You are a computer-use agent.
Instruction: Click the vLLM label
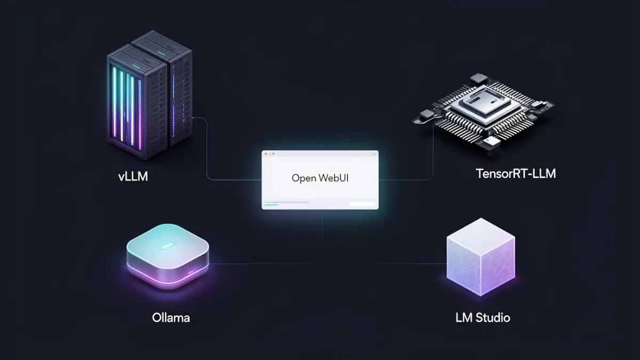click(x=133, y=175)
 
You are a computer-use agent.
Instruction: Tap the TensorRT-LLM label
click(x=515, y=173)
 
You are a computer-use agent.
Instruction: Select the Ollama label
click(x=171, y=318)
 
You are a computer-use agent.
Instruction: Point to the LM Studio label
click(x=483, y=318)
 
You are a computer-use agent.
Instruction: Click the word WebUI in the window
click(x=333, y=178)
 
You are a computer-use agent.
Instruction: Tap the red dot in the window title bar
click(x=266, y=154)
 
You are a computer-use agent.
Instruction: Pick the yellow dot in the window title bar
click(x=270, y=154)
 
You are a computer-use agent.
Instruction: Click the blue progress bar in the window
click(x=272, y=204)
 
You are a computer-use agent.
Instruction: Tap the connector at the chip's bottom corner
click(x=490, y=142)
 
